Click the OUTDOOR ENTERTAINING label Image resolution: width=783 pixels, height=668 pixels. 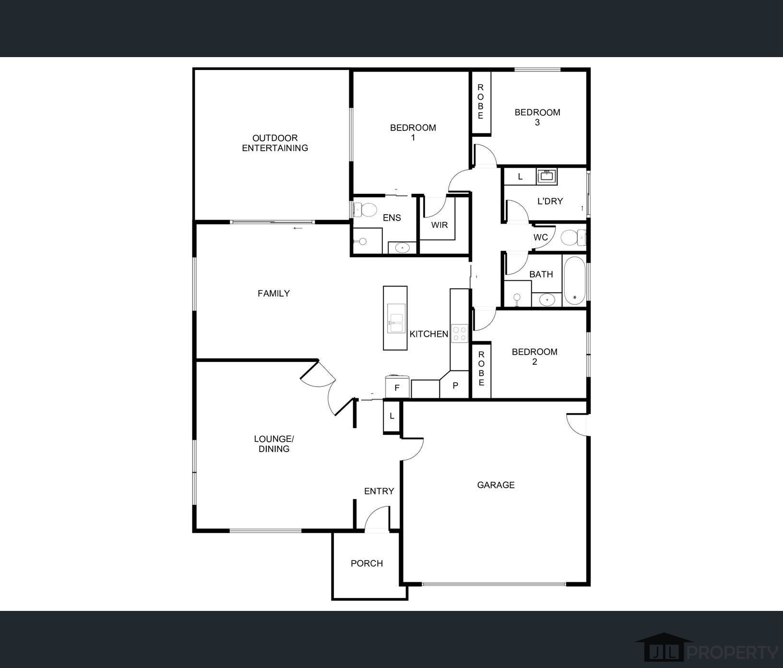click(x=275, y=143)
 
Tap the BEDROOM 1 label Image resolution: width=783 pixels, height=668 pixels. click(x=413, y=132)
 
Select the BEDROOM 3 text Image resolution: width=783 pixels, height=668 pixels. click(x=537, y=117)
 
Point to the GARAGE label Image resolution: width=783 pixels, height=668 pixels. click(x=496, y=485)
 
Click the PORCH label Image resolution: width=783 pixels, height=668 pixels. click(x=367, y=563)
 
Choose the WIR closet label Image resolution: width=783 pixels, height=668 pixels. click(x=439, y=225)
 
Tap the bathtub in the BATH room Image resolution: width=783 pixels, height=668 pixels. click(x=574, y=281)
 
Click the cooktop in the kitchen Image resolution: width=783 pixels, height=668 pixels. click(x=459, y=333)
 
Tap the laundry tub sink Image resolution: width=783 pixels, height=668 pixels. click(x=546, y=176)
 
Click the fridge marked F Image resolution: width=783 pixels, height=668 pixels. click(x=397, y=387)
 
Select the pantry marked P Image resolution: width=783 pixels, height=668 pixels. click(x=455, y=385)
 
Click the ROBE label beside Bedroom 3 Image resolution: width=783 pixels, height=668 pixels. click(x=481, y=102)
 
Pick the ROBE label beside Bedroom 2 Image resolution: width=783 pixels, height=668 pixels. click(x=481, y=369)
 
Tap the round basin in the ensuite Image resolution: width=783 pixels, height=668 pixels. click(x=402, y=248)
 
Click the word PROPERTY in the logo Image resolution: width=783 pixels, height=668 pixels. click(x=733, y=652)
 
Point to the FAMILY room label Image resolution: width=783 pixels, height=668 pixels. click(x=273, y=293)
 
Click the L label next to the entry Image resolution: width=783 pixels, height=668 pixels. click(x=392, y=416)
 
